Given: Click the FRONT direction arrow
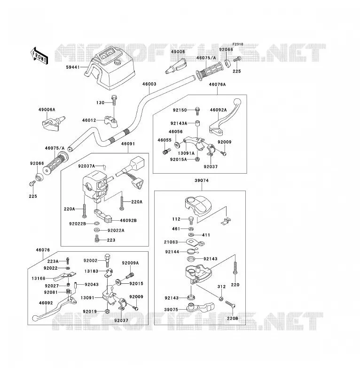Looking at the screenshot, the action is pyautogui.click(x=39, y=56).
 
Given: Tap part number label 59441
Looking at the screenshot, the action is pyautogui.click(x=73, y=67).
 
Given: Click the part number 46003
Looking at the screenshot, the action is pyautogui.click(x=149, y=84).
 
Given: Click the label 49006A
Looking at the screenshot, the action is pyautogui.click(x=47, y=110).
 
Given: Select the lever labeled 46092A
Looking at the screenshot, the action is pyautogui.click(x=225, y=117).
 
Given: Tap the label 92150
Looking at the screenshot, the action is pyautogui.click(x=180, y=110).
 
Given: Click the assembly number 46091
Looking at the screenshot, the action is pyautogui.click(x=128, y=144).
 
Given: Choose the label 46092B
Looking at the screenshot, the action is pyautogui.click(x=128, y=221).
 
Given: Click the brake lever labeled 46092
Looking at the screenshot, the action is pyautogui.click(x=55, y=308).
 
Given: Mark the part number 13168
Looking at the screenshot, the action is pyautogui.click(x=39, y=279).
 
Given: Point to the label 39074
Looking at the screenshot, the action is pyautogui.click(x=202, y=181).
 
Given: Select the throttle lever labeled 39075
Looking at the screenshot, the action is pyautogui.click(x=200, y=308).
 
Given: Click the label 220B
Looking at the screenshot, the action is pyautogui.click(x=233, y=319).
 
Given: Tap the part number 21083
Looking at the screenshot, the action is pyautogui.click(x=171, y=242).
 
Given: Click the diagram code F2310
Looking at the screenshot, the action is pyautogui.click(x=238, y=44).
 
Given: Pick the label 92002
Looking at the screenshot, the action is pyautogui.click(x=90, y=261).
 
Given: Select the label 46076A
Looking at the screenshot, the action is pyautogui.click(x=217, y=85).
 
